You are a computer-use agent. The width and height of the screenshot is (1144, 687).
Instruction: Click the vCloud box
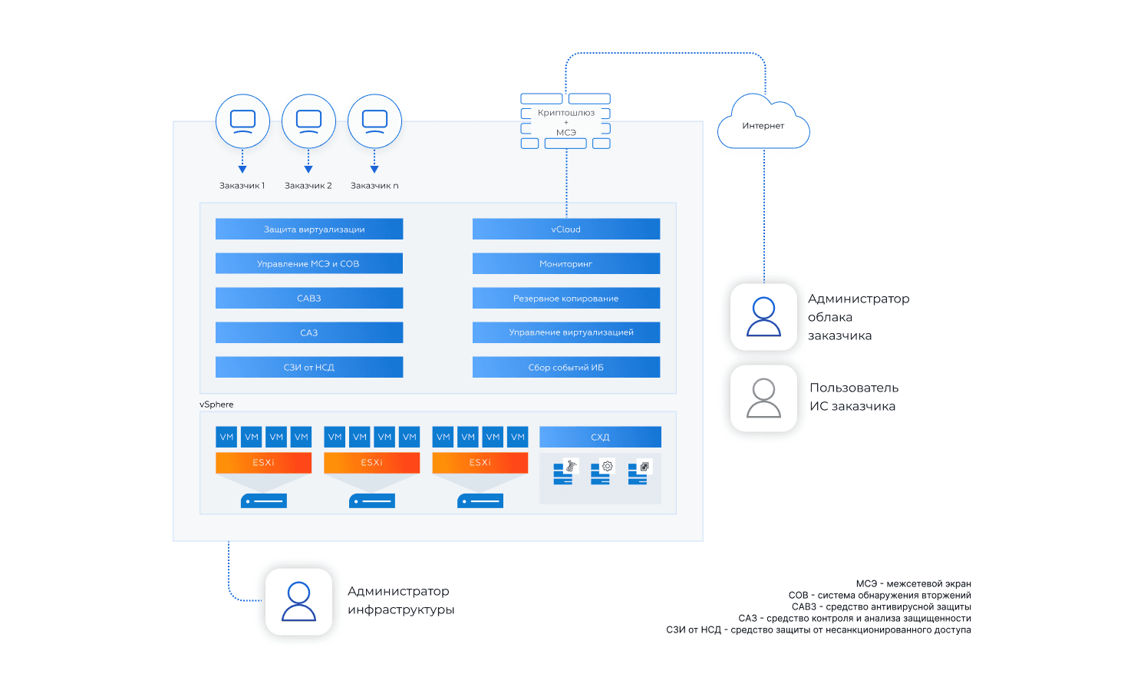(x=566, y=229)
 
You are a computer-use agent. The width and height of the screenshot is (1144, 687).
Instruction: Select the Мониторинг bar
(x=566, y=263)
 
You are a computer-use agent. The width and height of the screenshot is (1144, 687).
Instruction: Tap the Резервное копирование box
(x=566, y=298)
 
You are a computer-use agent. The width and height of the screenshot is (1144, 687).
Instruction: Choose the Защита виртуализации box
(x=309, y=229)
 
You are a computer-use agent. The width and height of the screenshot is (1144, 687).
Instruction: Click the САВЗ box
(x=309, y=298)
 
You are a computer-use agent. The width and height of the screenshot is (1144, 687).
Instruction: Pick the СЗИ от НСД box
(x=309, y=367)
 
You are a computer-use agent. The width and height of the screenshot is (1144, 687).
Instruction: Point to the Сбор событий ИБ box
(x=566, y=367)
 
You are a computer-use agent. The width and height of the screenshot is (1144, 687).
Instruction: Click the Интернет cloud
(x=763, y=124)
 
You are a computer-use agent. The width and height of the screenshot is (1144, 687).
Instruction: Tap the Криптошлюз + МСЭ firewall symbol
(x=566, y=121)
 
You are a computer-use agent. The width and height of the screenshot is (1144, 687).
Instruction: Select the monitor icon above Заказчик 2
(x=308, y=121)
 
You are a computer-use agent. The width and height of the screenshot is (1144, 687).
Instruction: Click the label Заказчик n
(x=374, y=186)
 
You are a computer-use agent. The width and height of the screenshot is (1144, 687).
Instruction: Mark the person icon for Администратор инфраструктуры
(x=298, y=601)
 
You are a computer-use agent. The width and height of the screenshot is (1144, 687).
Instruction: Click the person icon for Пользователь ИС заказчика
(x=763, y=398)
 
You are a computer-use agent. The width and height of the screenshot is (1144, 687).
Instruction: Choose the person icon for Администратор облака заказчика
(x=763, y=317)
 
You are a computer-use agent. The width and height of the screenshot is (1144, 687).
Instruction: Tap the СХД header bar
(x=600, y=437)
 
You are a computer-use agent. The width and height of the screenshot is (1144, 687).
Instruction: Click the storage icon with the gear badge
(x=601, y=472)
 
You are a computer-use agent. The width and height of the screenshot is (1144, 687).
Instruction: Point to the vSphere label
(x=216, y=405)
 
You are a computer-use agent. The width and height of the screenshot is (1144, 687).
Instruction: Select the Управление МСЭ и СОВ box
(x=309, y=263)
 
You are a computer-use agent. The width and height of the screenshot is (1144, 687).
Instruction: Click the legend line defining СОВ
(x=879, y=595)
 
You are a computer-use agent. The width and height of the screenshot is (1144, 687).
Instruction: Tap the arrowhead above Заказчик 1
(x=242, y=170)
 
